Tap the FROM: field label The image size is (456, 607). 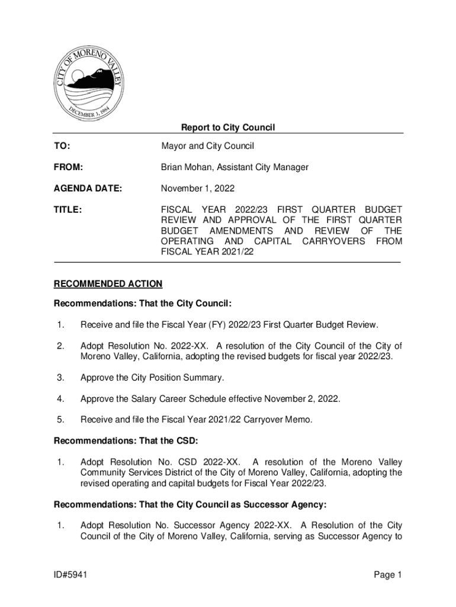pos(68,167)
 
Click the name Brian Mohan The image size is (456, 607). pos(187,167)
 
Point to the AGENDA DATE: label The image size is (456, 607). pos(88,189)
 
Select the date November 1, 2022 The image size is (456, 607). pos(198,189)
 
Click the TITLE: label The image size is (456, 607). pos(68,210)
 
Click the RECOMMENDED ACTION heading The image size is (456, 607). pos(108,284)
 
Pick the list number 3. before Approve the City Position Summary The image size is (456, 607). pos(60,378)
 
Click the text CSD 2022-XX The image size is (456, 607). pos(210,462)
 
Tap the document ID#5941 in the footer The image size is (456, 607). pos(72,575)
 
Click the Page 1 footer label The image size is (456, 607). pos(388,575)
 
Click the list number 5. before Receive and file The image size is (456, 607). pos(60,420)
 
